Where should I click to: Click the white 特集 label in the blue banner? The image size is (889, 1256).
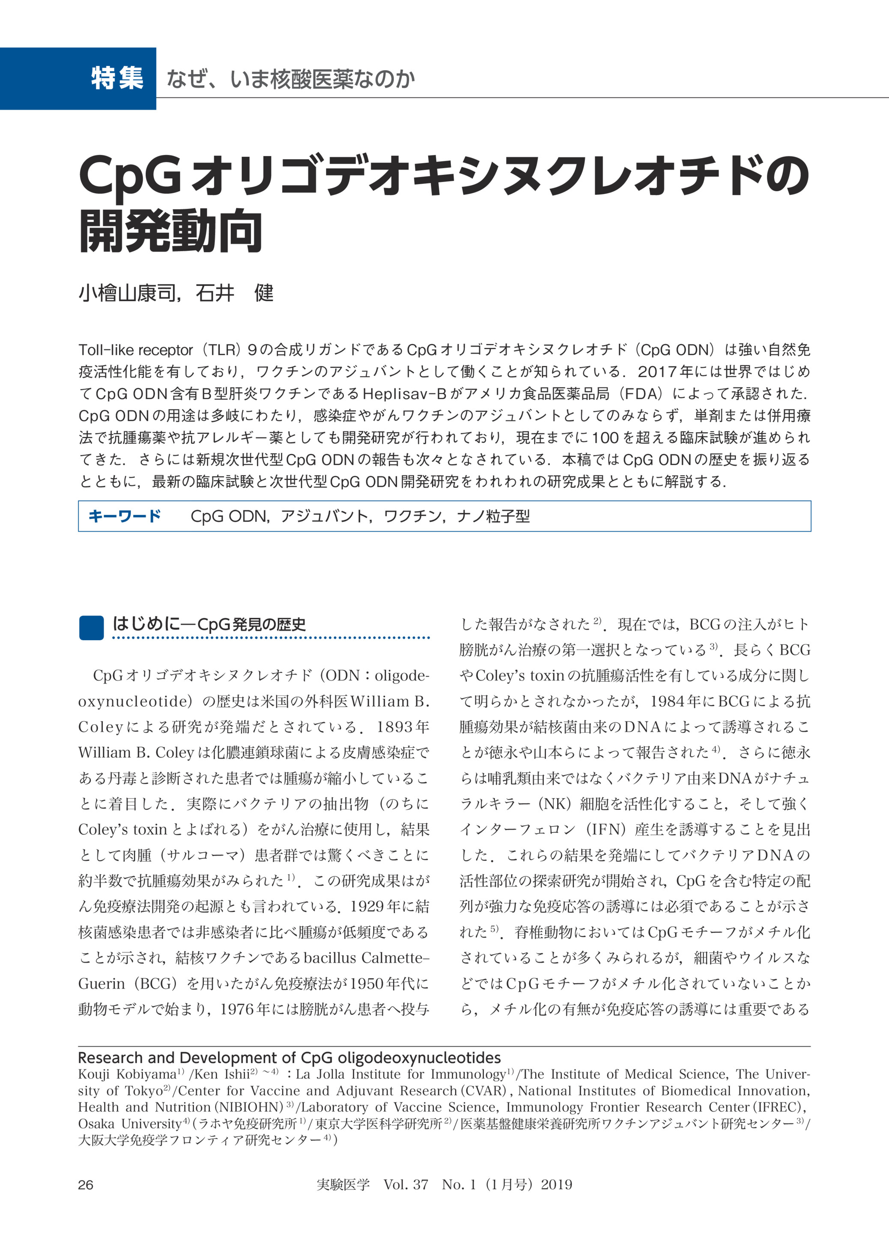pyautogui.click(x=117, y=78)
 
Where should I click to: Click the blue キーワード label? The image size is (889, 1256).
pyautogui.click(x=125, y=516)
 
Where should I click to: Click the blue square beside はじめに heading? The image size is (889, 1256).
pyautogui.click(x=91, y=627)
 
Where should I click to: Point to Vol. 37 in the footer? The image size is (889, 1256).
pyautogui.click(x=406, y=1185)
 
